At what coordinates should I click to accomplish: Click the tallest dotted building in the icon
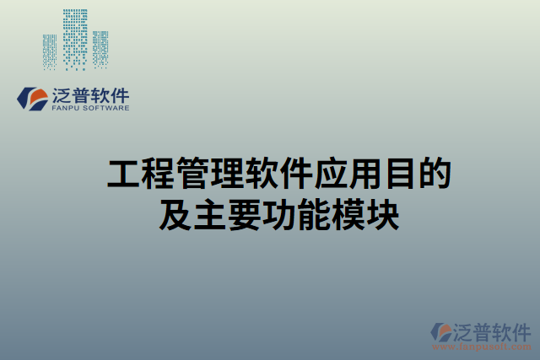coord(76,39)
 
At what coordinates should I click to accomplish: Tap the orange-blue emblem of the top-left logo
coord(34,99)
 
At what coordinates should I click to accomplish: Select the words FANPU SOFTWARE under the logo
coord(90,109)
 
